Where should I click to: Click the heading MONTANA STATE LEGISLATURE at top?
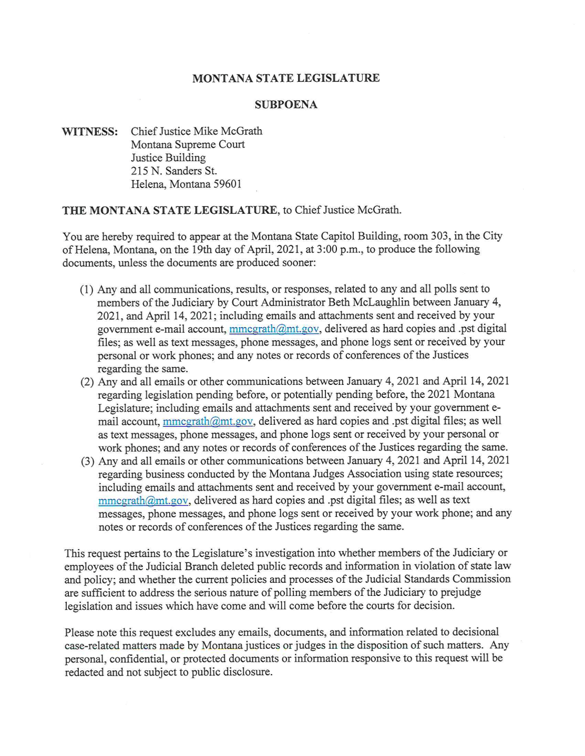point(286,78)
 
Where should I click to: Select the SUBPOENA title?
point(286,104)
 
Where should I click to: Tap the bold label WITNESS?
point(90,132)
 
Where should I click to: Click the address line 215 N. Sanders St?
point(173,171)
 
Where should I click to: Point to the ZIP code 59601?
point(228,184)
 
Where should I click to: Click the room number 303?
point(439,236)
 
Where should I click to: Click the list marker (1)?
point(87,289)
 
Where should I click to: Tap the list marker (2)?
point(87,382)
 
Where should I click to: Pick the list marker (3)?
point(87,461)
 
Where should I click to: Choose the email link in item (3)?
point(143,500)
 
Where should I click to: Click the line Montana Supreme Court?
point(188,144)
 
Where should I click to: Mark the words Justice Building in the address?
point(168,157)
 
